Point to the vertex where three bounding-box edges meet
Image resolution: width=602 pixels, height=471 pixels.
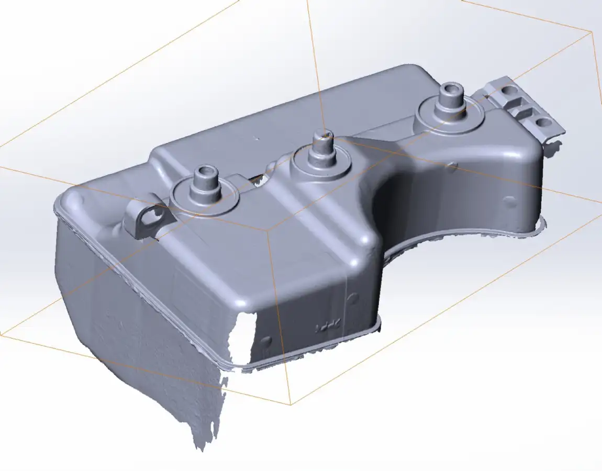click(267, 230)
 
